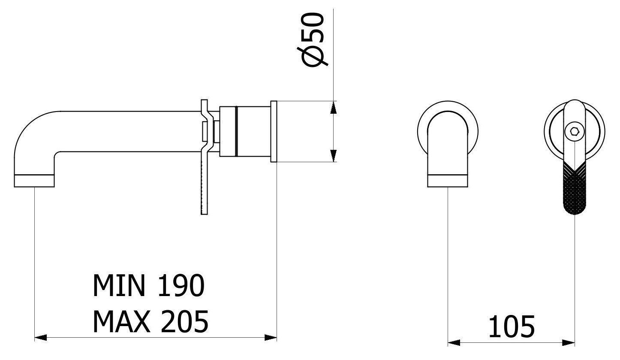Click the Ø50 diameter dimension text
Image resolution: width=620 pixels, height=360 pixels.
point(313,39)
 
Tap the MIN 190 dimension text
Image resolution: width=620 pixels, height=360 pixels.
point(149,285)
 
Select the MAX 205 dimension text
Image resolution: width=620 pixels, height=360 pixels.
point(150,321)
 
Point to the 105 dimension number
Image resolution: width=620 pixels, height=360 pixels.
point(512,327)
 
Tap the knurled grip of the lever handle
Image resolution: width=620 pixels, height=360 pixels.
point(575,188)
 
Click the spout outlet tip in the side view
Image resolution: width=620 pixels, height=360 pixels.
point(34,181)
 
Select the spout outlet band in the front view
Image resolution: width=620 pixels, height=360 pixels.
point(448,181)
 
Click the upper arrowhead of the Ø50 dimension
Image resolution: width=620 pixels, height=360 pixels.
point(334,107)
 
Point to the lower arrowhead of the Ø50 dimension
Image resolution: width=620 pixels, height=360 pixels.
point(334,155)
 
